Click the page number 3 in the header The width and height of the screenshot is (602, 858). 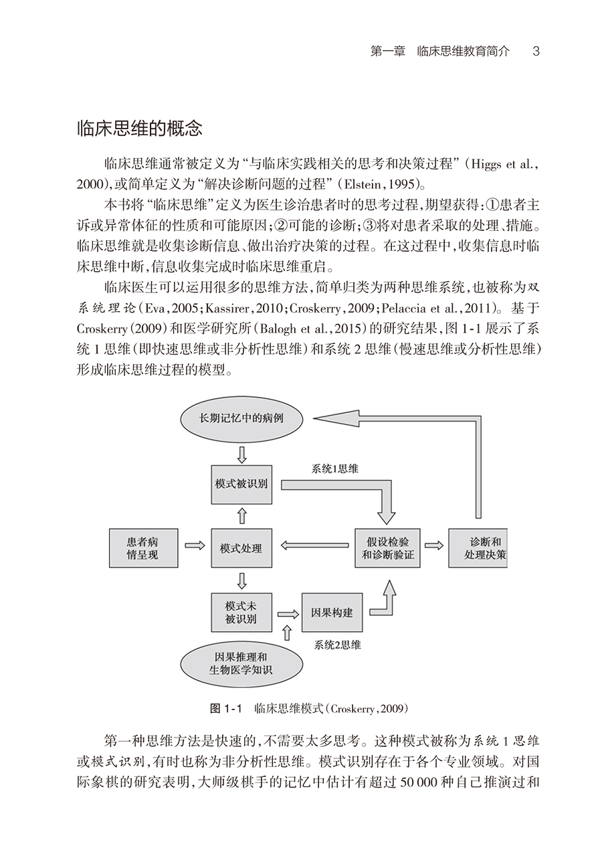click(536, 52)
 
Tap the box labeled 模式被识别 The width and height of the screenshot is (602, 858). click(241, 484)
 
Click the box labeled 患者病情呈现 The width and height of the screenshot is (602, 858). click(142, 547)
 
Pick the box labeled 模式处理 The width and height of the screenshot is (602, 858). click(241, 547)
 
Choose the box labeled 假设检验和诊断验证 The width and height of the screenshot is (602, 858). click(387, 547)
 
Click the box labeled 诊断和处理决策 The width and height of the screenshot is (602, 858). click(478, 547)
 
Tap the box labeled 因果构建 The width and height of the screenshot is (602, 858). click(332, 612)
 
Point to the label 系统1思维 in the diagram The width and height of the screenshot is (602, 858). click(335, 469)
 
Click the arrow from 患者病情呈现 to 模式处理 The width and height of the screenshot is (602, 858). click(194, 547)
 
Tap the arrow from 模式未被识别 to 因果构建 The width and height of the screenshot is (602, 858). click(288, 612)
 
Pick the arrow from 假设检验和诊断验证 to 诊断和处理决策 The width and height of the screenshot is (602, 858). click(433, 545)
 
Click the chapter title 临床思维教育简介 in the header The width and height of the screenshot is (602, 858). click(463, 52)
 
